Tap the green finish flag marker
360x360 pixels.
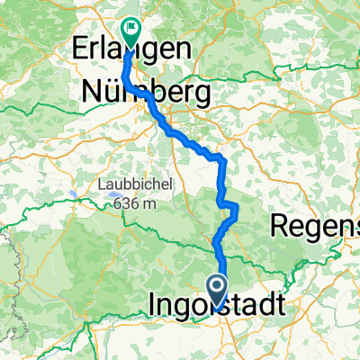[130, 33]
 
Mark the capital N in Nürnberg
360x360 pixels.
[92, 91]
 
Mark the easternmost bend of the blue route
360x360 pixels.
[238, 211]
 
